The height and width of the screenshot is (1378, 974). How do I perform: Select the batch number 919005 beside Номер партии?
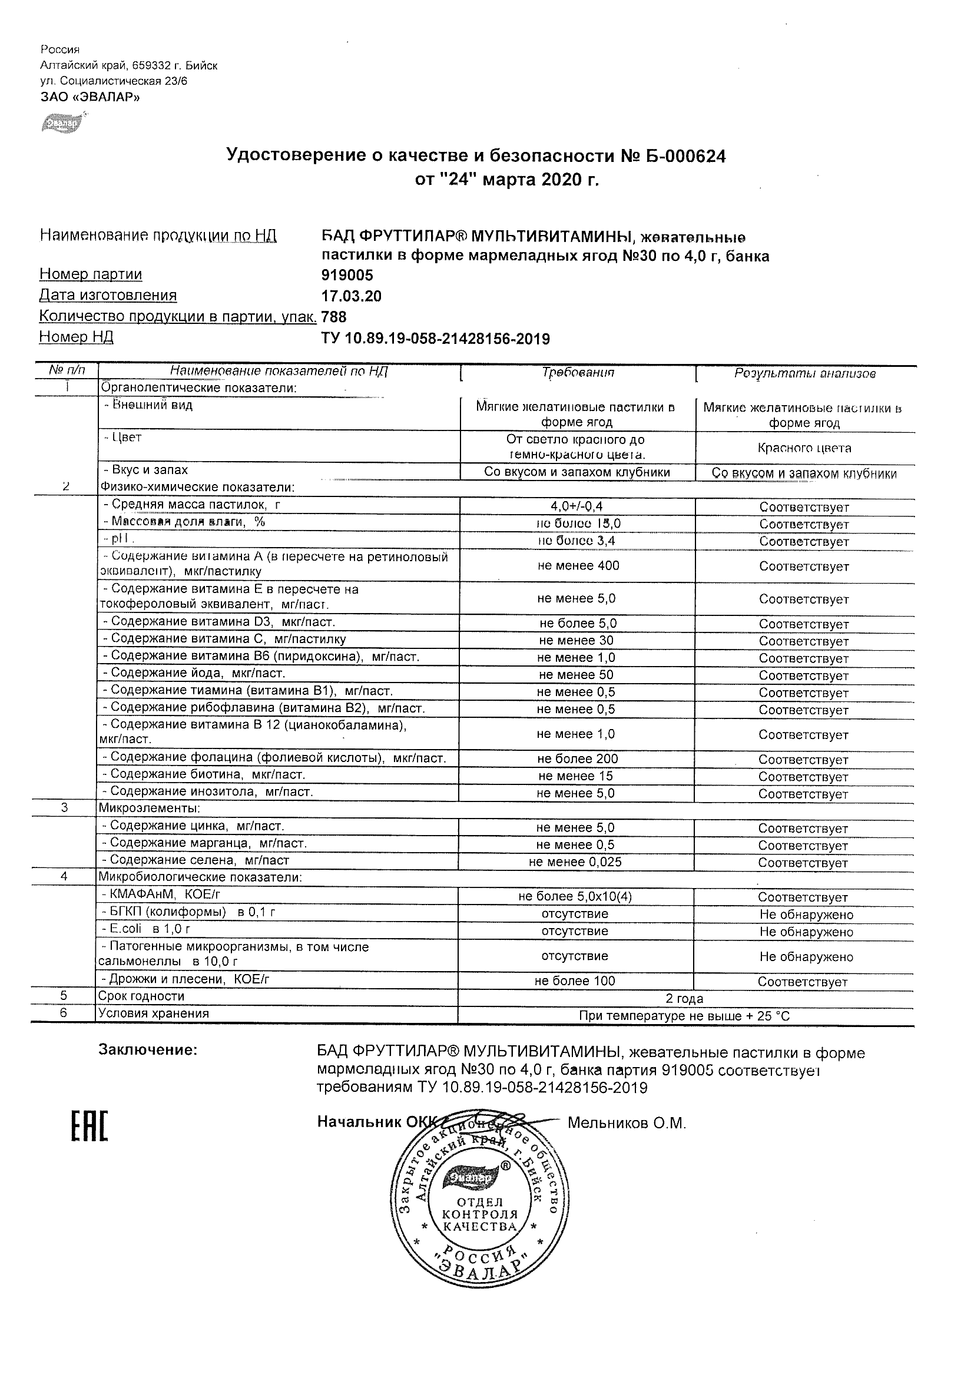click(347, 275)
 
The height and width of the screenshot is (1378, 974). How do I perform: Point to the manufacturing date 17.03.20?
click(351, 296)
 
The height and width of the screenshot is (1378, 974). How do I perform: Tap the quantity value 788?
click(334, 316)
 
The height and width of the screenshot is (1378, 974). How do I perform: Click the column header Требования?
click(578, 373)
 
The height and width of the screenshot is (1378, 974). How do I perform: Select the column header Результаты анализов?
click(805, 373)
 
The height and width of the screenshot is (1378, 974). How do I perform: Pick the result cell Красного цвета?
click(804, 448)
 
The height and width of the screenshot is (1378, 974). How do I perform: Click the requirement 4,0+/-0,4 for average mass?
click(577, 506)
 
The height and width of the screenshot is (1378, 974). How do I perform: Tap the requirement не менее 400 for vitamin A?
click(578, 565)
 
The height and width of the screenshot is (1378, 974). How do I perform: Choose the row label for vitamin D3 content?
click(219, 622)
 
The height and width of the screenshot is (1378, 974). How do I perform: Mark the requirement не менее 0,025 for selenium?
click(575, 862)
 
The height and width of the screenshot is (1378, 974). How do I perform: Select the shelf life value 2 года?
click(684, 999)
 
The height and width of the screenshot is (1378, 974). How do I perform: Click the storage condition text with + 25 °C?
click(684, 1016)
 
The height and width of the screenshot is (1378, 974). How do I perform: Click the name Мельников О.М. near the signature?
click(627, 1123)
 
